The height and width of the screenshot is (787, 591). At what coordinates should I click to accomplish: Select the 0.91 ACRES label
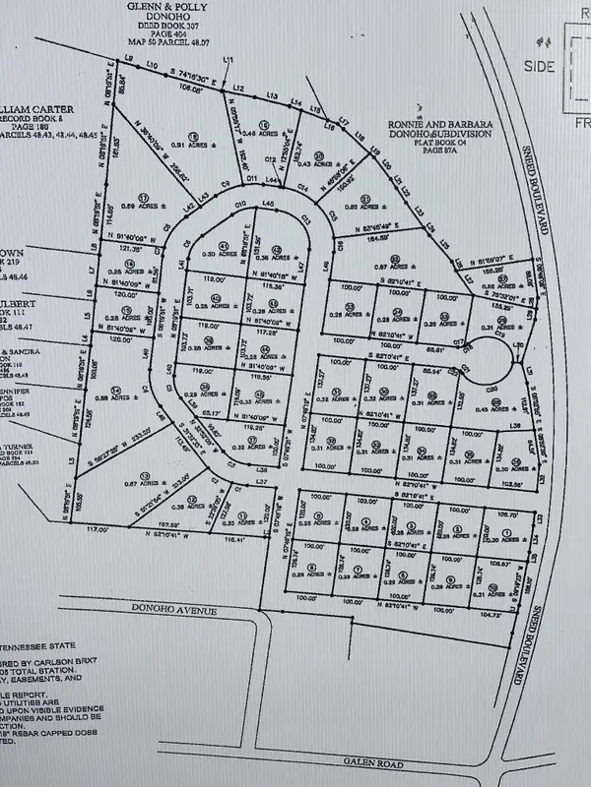[198, 146]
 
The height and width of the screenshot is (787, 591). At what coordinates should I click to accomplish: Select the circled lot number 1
[506, 532]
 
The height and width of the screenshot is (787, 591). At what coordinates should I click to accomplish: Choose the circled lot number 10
[492, 587]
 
